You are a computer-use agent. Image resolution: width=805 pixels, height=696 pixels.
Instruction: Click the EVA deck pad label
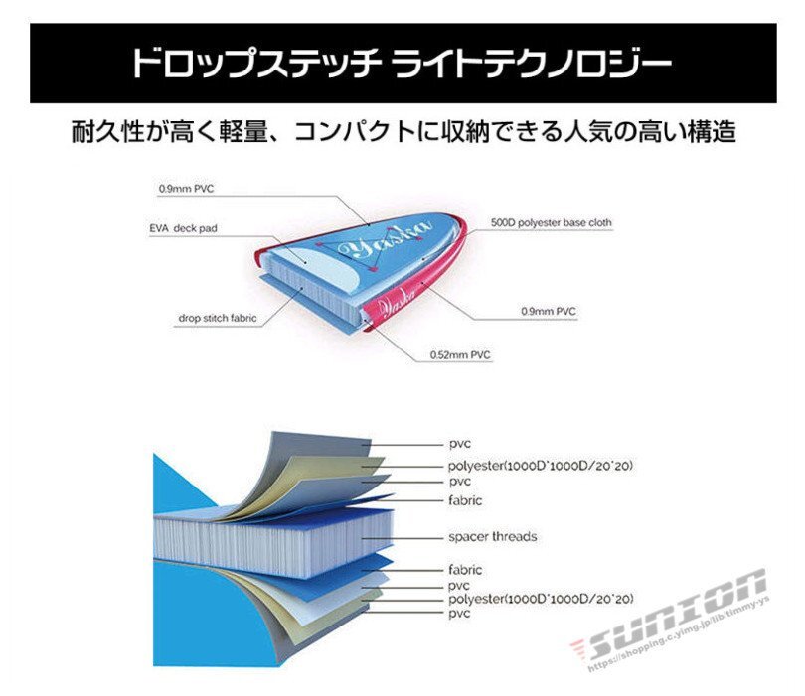(x=183, y=228)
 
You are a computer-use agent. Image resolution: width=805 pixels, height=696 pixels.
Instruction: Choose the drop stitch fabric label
(x=218, y=319)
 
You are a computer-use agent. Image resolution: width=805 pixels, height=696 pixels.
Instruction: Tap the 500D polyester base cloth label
(x=552, y=223)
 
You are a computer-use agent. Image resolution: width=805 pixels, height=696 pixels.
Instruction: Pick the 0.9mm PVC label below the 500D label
(x=549, y=312)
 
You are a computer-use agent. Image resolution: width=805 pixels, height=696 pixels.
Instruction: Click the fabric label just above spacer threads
(x=465, y=501)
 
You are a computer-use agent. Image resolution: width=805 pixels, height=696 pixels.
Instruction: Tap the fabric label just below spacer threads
(x=465, y=570)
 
